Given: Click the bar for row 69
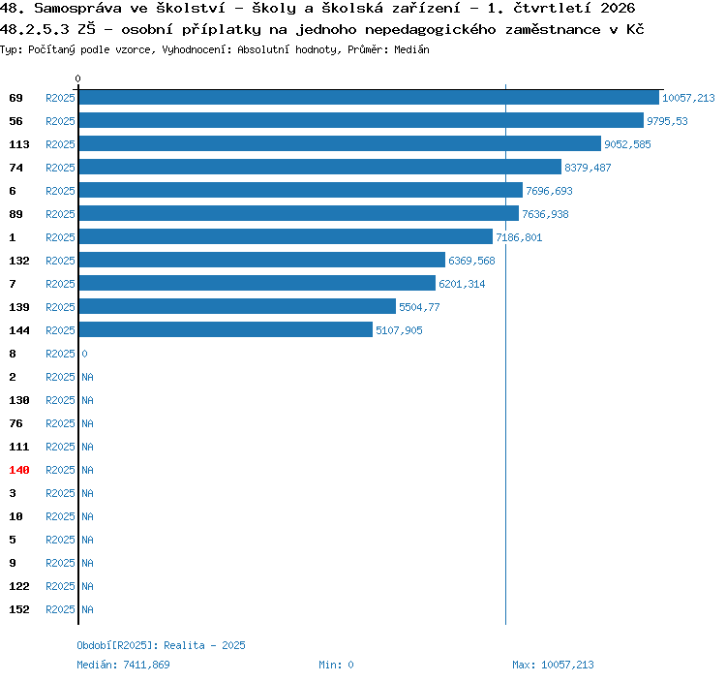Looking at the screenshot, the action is (369, 97).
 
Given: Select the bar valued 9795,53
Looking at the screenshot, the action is (361, 120).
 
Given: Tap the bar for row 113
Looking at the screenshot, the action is (340, 143).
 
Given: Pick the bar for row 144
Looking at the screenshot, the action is (226, 329).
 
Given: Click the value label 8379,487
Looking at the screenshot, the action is (588, 168).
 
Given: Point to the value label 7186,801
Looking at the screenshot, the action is (519, 237).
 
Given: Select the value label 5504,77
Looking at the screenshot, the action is (419, 307).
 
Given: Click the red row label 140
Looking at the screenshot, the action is (19, 470).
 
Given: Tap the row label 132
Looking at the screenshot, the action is (19, 261).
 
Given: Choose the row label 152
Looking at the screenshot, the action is (19, 609).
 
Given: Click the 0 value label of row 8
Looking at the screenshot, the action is (85, 354).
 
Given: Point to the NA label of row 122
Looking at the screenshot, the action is (87, 586).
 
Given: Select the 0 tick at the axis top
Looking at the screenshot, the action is (77, 78).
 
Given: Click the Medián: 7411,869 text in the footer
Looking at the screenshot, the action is (123, 665).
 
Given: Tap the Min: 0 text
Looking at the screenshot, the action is (336, 665).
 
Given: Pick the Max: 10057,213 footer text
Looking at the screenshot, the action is (553, 665).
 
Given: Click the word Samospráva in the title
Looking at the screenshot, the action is (77, 9).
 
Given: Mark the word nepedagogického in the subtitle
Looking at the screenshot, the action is (430, 30).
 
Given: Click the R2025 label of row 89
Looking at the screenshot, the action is (60, 214).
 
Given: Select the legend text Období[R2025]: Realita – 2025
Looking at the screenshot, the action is (161, 645).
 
